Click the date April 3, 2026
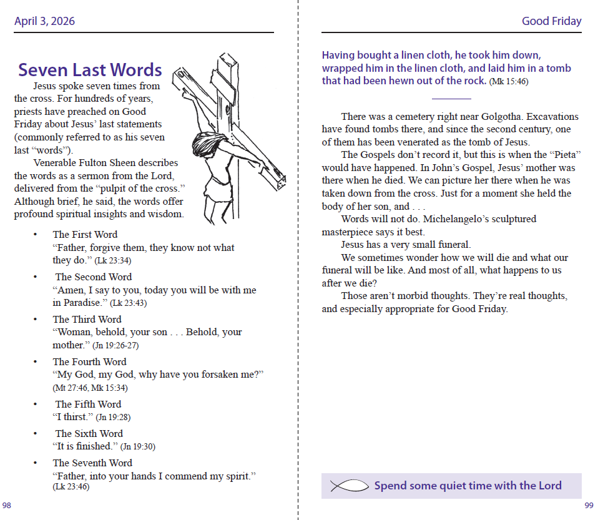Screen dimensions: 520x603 click(44, 21)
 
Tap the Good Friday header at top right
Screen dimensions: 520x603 click(551, 21)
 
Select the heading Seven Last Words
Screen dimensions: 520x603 click(90, 70)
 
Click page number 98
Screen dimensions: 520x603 click(7, 505)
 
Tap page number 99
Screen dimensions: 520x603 click(589, 505)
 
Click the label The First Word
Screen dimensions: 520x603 click(85, 234)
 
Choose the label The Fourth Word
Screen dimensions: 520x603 click(89, 361)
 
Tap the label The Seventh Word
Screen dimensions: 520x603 click(92, 463)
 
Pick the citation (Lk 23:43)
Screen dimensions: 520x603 click(129, 303)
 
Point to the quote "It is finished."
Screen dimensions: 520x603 click(85, 446)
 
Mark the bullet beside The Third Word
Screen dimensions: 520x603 click(35, 320)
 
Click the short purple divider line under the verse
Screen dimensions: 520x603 click(451, 99)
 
